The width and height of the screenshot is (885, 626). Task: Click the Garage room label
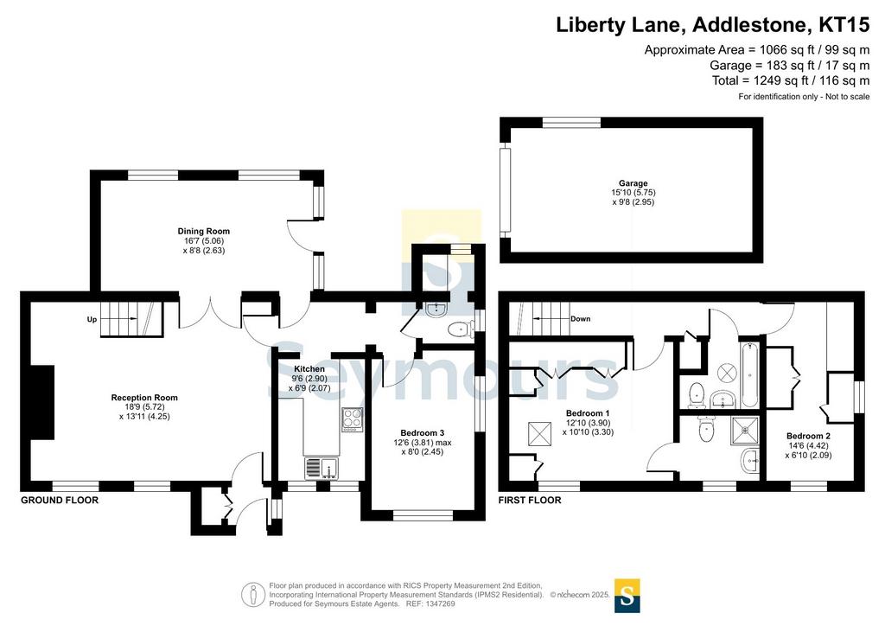tap(633, 183)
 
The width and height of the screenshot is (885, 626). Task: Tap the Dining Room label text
tap(204, 231)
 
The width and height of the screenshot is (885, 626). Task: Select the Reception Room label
tap(144, 398)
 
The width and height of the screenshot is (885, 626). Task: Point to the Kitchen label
tap(309, 369)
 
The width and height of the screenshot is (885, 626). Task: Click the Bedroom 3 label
tap(422, 433)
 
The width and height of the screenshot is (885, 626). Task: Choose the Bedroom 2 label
tap(808, 436)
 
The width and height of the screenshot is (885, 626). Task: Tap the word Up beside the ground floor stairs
tap(92, 320)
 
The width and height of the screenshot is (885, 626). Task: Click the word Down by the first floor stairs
tap(580, 319)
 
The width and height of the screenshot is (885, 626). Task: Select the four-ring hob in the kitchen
tap(353, 418)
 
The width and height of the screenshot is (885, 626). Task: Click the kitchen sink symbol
tap(322, 468)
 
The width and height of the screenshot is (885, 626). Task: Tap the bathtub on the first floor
tap(749, 374)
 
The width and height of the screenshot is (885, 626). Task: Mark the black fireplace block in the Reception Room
tap(42, 402)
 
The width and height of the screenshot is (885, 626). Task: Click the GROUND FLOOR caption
tap(60, 500)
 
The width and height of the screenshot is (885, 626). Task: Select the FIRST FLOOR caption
tap(530, 500)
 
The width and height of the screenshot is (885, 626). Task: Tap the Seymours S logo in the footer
tap(627, 596)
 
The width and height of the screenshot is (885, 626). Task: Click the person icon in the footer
tap(253, 595)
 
